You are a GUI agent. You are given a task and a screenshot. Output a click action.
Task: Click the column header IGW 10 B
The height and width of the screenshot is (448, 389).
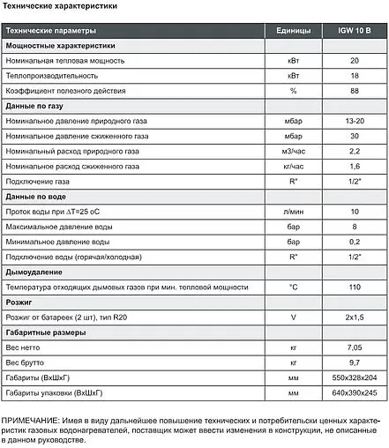click(354, 31)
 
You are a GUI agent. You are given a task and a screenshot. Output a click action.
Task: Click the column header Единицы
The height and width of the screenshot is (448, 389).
click(293, 31)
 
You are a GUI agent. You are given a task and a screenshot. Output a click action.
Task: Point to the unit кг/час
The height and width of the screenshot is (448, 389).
click(293, 166)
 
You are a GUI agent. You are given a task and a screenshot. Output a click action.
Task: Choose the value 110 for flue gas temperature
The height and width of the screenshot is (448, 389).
click(354, 287)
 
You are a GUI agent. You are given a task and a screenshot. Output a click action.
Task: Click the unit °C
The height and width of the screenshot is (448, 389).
click(293, 287)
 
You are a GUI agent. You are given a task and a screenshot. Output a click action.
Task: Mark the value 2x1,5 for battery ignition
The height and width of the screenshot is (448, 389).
click(354, 317)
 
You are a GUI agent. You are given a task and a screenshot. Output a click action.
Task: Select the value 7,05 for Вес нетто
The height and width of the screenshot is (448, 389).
click(354, 348)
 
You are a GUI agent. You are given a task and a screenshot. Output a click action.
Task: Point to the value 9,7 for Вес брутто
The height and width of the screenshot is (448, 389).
click(354, 363)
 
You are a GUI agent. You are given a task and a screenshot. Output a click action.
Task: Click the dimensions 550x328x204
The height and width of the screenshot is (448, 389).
click(354, 378)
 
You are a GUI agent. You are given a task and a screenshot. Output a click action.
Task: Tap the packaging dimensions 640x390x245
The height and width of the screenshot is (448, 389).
click(354, 393)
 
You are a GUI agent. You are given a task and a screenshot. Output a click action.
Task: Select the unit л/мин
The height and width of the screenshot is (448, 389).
click(293, 212)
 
